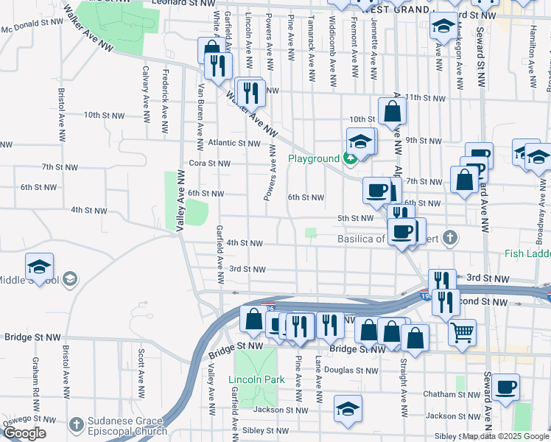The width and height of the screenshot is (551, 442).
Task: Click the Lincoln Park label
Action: [256, 380]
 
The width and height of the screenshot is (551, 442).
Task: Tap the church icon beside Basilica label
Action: [450, 238]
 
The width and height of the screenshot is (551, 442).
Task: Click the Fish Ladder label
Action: [527, 253]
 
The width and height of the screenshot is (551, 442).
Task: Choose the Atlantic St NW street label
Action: [234, 143]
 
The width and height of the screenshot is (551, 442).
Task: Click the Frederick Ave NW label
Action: [166, 93]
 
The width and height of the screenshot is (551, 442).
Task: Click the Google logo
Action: [24, 433]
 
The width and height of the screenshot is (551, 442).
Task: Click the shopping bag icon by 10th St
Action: [392, 111]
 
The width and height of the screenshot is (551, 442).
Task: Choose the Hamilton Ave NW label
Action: [533, 56]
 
